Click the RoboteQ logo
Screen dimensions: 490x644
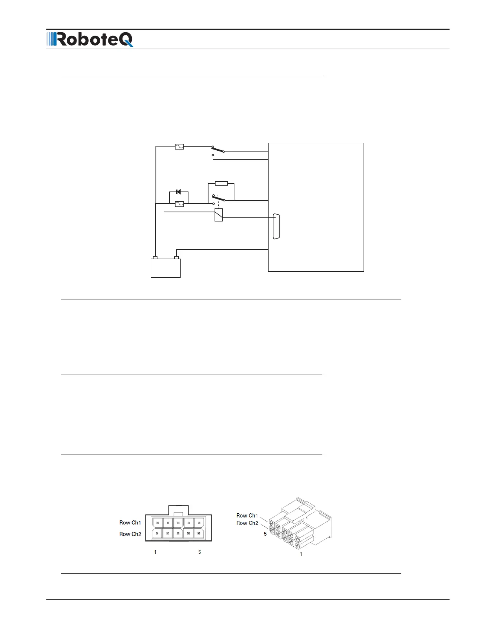tap(90, 40)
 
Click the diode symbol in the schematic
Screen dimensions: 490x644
tap(179, 192)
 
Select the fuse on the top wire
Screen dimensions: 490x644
tap(179, 147)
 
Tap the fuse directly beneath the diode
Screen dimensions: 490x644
tap(179, 204)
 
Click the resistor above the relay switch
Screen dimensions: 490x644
tap(221, 183)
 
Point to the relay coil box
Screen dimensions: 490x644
tap(219, 215)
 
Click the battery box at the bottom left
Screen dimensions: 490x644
tap(166, 268)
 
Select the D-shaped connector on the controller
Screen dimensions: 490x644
tap(276, 226)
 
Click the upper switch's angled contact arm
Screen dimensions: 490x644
tap(218, 149)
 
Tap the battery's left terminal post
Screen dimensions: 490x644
tap(155, 258)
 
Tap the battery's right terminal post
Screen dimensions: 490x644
tap(177, 258)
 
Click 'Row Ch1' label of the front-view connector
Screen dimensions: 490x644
tap(130, 522)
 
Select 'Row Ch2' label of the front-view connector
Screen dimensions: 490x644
tap(130, 534)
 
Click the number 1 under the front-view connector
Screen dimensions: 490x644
tap(155, 552)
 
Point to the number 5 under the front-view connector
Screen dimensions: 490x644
tap(199, 552)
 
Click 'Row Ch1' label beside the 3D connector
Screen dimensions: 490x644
tap(247, 515)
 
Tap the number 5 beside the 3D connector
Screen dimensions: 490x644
tap(265, 534)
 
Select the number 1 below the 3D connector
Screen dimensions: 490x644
tap(301, 554)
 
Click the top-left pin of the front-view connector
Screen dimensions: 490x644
tap(157, 523)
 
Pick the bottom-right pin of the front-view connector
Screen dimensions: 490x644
tap(199, 533)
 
